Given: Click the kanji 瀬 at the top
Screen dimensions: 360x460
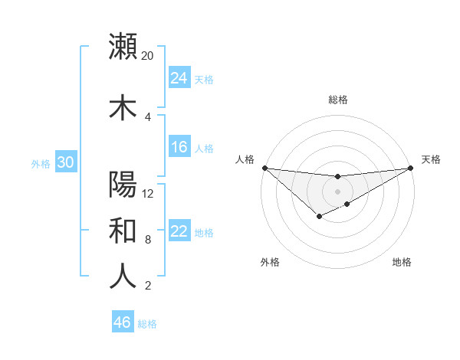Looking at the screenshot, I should point(123,47).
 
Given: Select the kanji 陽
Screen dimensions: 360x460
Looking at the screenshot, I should point(123,185).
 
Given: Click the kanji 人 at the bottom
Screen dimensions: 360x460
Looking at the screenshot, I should point(123,276).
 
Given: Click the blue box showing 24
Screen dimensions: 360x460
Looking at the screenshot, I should point(179,77).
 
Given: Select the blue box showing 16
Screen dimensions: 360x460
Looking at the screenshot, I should point(179,147).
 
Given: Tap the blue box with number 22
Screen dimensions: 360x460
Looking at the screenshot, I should point(179,231).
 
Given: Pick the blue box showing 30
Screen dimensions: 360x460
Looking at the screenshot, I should point(65,162).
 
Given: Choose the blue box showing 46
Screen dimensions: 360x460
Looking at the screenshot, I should point(123,322).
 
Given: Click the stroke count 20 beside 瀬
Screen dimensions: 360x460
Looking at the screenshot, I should point(147,56).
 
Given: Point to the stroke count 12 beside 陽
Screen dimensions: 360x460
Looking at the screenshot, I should point(148,193).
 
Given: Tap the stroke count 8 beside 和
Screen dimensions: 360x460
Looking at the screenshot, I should point(148,240).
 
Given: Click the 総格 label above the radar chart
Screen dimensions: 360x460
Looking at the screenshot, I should point(338,100).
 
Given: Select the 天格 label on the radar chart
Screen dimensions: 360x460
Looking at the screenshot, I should point(431,159).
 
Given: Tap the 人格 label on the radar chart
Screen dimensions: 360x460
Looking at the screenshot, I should point(245,159).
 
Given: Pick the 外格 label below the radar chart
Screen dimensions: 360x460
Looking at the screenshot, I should point(270,262).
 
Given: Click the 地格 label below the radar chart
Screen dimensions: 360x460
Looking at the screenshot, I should point(402,262).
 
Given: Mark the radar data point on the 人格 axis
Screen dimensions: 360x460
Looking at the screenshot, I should point(264,168).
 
